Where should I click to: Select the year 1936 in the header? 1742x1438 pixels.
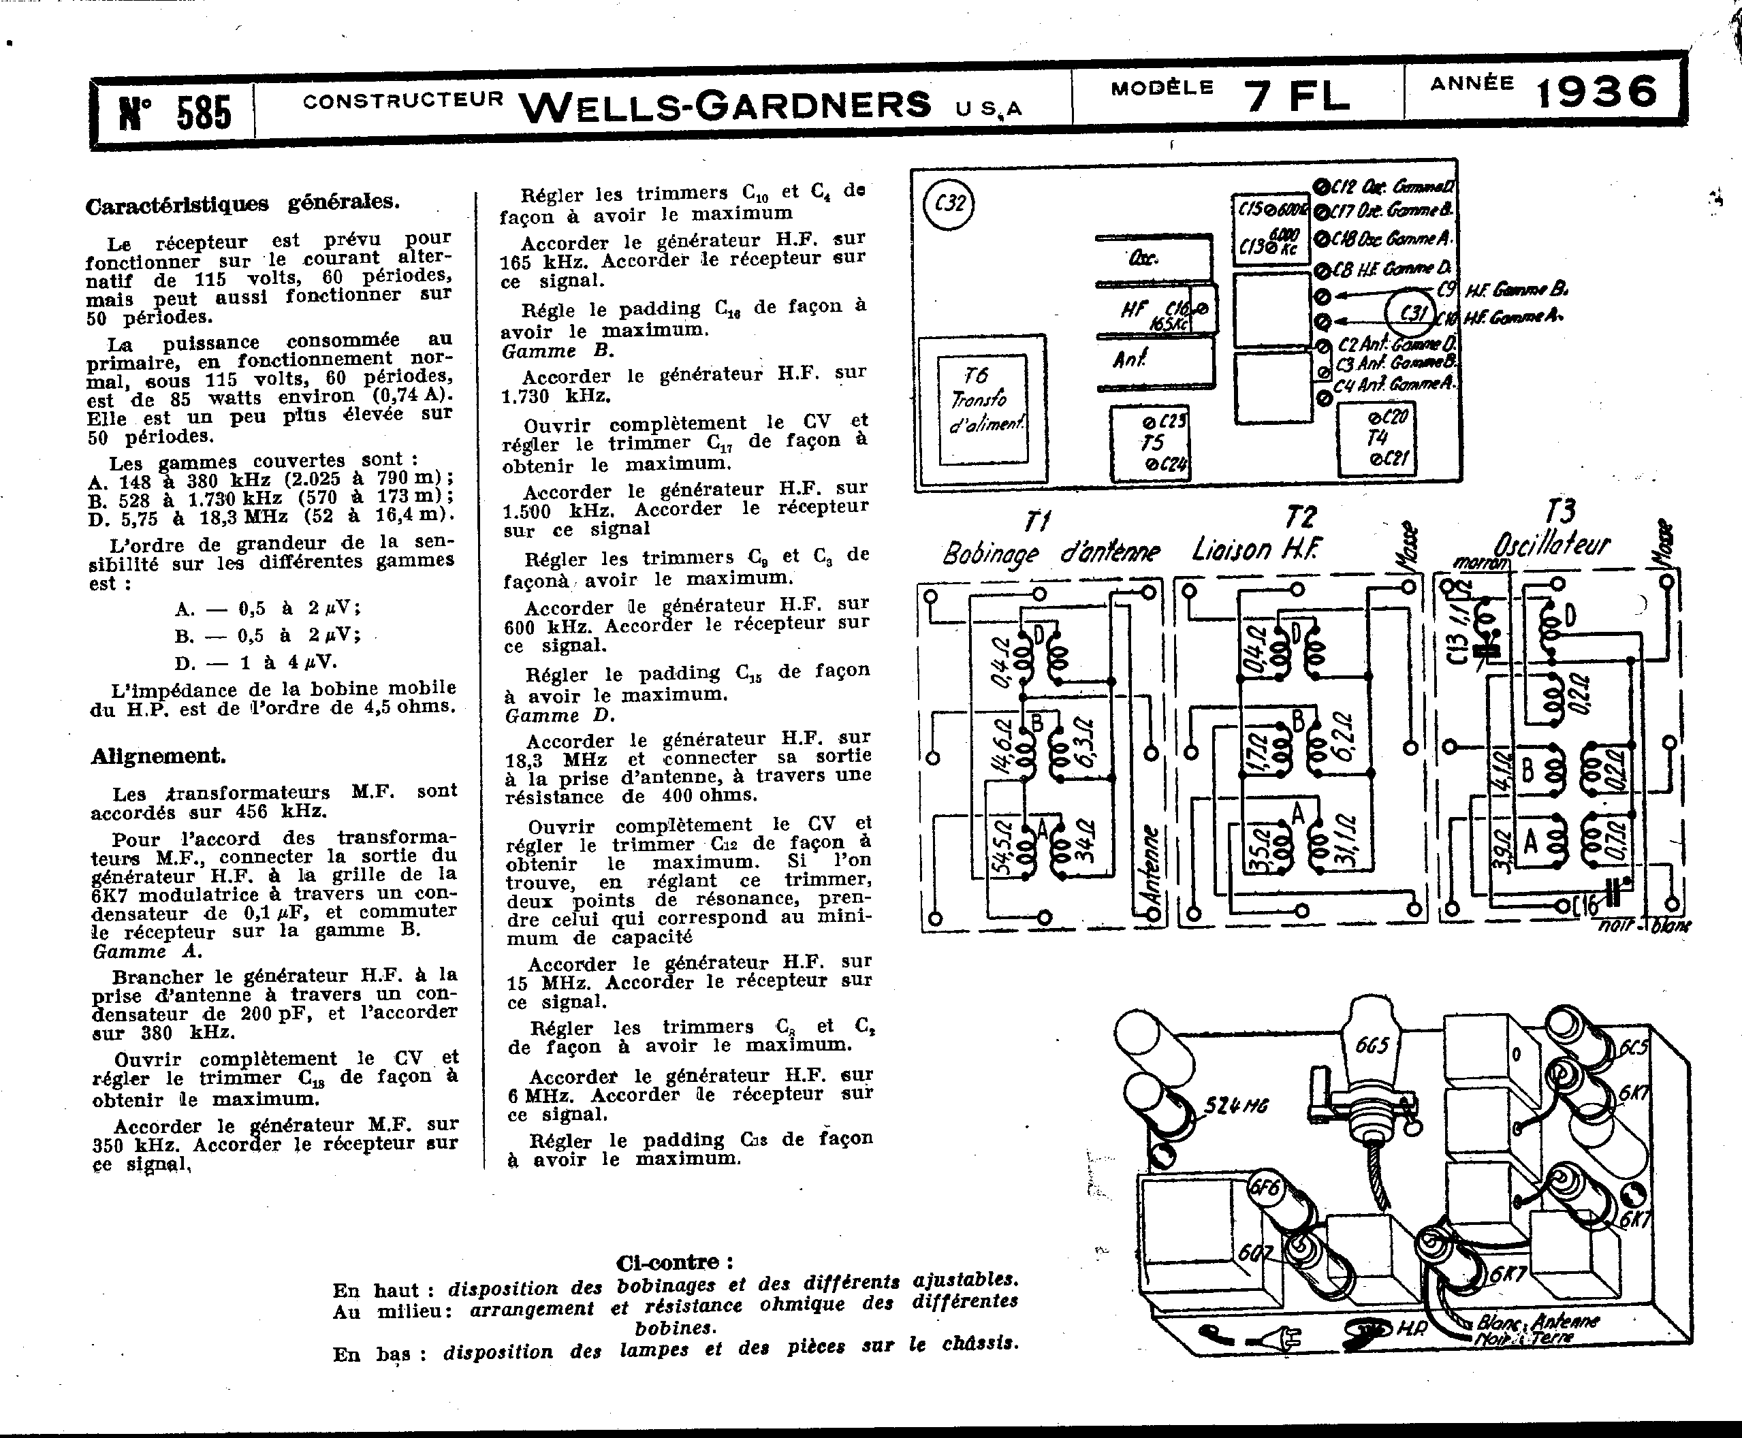1598,92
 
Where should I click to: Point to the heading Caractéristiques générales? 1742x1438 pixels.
242,203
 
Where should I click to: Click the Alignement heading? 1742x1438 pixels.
158,756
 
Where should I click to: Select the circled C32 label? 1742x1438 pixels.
949,204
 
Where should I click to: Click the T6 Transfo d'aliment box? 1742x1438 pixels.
981,410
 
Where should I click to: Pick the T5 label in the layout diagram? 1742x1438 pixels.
1152,443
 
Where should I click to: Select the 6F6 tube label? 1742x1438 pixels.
1265,1189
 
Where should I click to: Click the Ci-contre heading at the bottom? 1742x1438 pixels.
674,1262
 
